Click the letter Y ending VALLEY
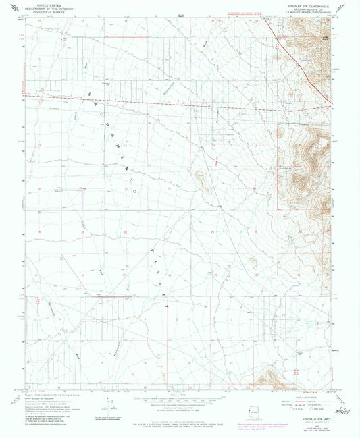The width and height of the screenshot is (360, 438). pos(168,305)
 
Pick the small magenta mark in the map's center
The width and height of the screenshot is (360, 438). pos(216,161)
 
